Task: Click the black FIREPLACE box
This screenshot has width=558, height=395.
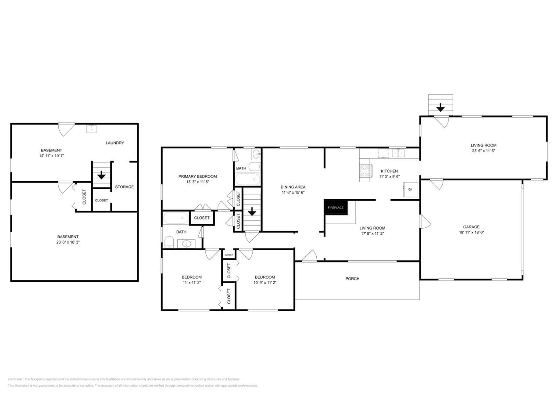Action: pos(336,207)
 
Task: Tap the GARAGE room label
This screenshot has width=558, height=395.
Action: pos(471,227)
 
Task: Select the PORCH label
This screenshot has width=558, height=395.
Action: pos(352,279)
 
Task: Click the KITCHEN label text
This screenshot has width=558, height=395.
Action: pos(390,171)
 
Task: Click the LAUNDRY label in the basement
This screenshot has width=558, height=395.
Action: pos(114,143)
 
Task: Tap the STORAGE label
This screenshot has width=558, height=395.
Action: pos(124,187)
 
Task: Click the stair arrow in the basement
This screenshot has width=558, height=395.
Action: pos(101,175)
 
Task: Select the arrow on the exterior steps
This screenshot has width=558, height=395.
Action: pos(440,108)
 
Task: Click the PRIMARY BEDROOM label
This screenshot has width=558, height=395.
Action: pos(197,176)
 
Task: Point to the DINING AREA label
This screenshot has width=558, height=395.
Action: pos(293,187)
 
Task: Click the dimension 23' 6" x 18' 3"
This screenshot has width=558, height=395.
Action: pos(68,242)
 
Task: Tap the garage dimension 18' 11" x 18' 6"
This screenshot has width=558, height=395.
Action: pos(471,232)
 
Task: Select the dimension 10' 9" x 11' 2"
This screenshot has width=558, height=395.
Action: pos(265,283)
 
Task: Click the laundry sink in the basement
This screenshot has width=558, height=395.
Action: pos(92,129)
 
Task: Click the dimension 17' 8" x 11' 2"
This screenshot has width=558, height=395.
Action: pos(372,233)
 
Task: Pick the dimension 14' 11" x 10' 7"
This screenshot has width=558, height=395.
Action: pos(52,156)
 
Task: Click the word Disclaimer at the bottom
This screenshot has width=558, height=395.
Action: pos(15,379)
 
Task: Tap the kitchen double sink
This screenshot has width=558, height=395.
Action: pos(398,153)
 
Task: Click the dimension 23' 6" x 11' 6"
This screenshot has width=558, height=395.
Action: pos(483,151)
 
